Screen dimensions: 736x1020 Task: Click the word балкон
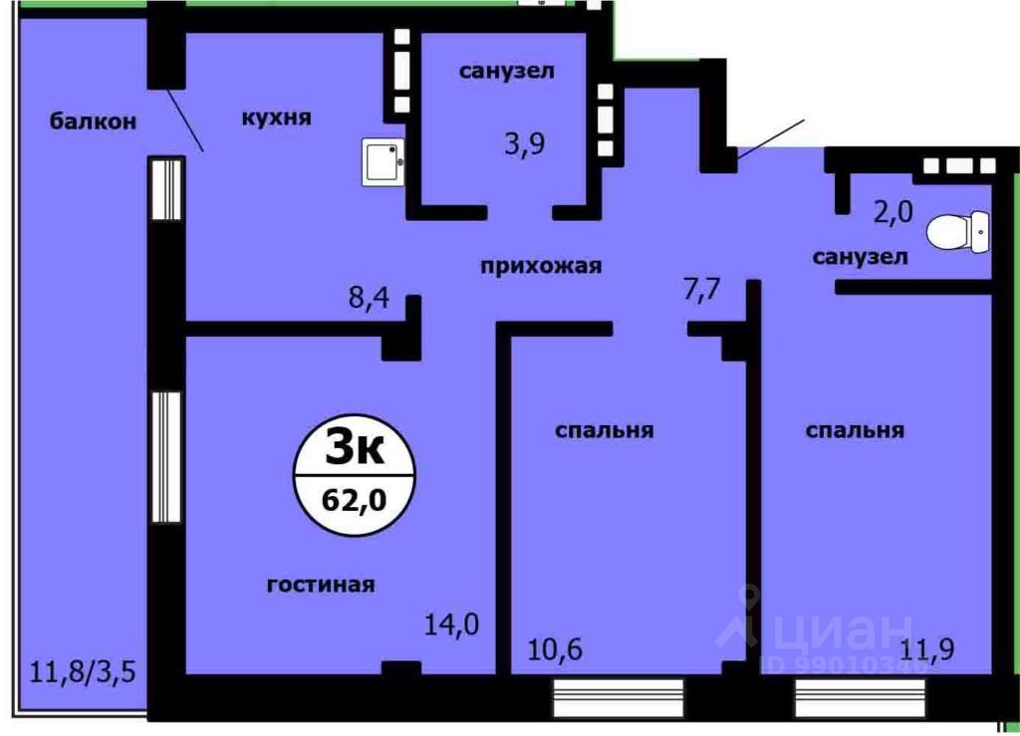click(93, 122)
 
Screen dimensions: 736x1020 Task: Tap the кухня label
click(276, 118)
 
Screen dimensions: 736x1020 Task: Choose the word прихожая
click(541, 265)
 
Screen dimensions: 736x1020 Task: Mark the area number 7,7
click(700, 290)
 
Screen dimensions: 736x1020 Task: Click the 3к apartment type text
click(356, 449)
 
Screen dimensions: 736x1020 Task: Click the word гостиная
click(321, 585)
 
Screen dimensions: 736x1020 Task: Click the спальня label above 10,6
click(604, 430)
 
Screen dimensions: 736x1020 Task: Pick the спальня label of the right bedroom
click(855, 430)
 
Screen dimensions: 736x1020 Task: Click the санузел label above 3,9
click(506, 71)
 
